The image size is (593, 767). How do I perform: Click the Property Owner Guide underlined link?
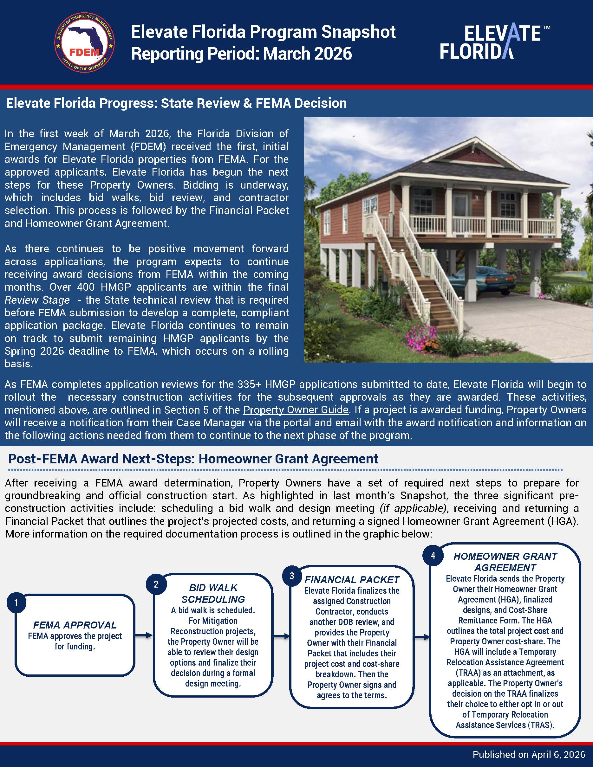(x=296, y=410)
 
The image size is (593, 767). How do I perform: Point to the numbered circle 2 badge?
(x=156, y=584)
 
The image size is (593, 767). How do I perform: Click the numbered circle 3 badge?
(x=291, y=576)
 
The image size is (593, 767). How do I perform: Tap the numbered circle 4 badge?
(x=433, y=555)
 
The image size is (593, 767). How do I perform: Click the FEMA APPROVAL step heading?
(x=75, y=625)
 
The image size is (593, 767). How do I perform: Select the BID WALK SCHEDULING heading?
(x=213, y=594)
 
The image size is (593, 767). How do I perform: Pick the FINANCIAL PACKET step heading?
(x=352, y=579)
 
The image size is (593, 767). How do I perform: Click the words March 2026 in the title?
(x=307, y=54)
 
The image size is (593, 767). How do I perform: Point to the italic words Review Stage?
(x=37, y=300)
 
